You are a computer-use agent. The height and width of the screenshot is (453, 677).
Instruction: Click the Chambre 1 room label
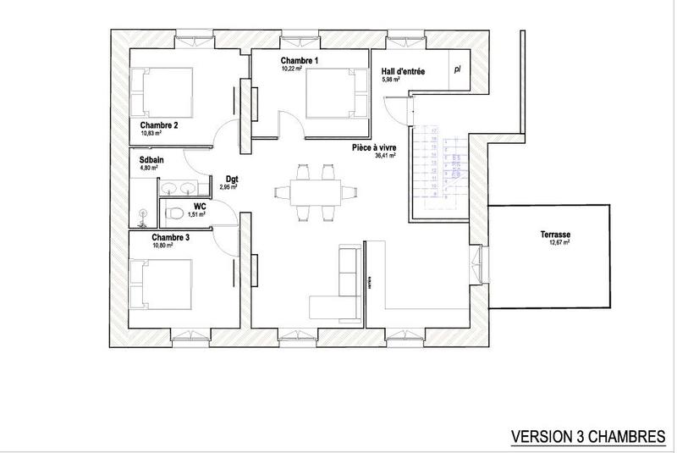pyautogui.click(x=300, y=61)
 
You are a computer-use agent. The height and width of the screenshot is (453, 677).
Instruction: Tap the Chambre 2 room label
pyautogui.click(x=158, y=125)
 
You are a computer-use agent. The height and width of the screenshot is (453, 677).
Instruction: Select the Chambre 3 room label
pyautogui.click(x=170, y=238)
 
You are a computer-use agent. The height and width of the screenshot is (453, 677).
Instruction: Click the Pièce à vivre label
pyautogui.click(x=375, y=147)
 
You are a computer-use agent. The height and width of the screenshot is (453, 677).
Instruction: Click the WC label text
pyautogui.click(x=200, y=206)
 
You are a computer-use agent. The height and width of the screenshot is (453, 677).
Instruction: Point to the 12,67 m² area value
pyautogui.click(x=559, y=242)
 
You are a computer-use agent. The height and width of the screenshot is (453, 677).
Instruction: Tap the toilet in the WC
pyautogui.click(x=173, y=213)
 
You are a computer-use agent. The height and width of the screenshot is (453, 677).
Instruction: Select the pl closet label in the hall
pyautogui.click(x=458, y=71)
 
